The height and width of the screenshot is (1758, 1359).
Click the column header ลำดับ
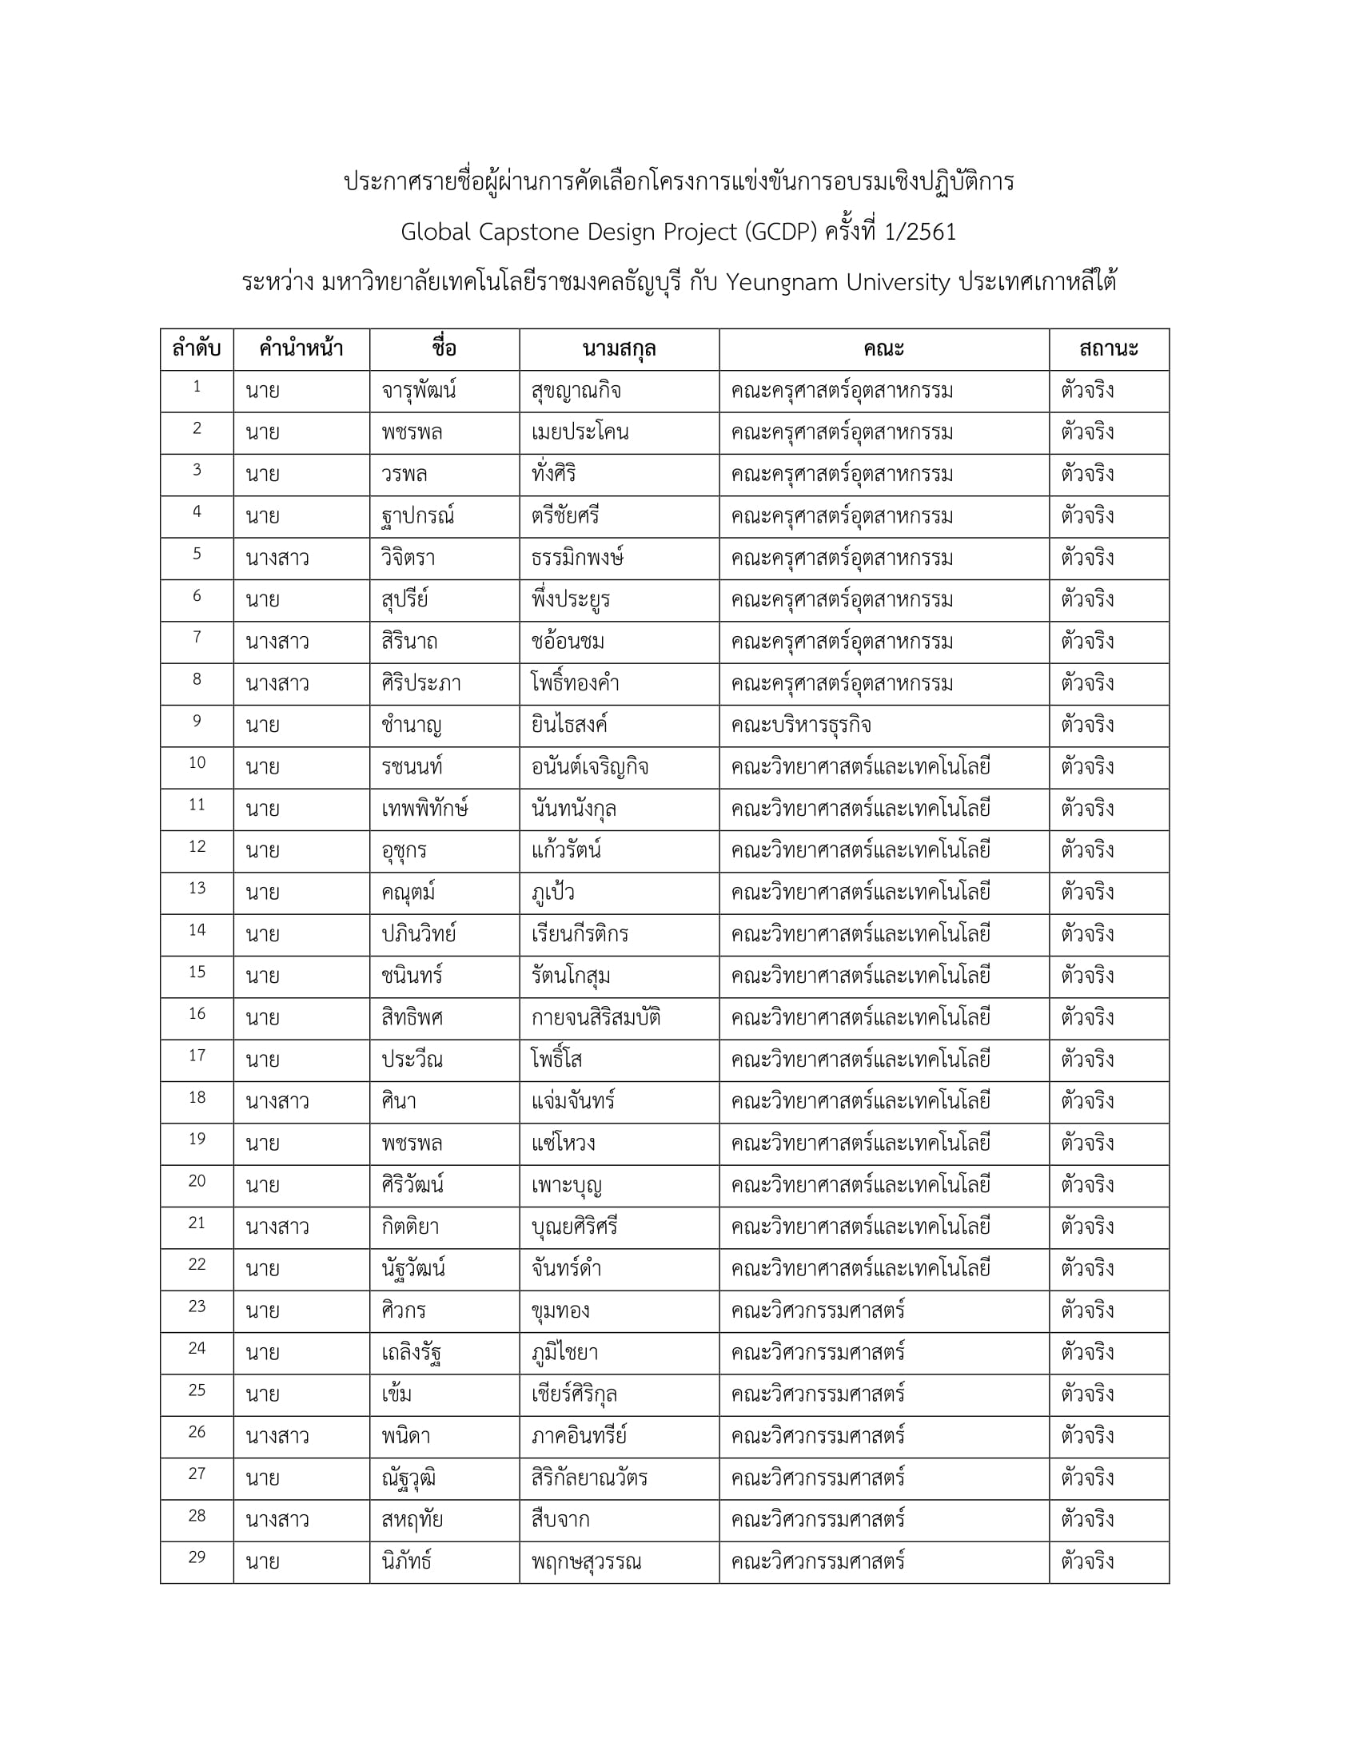pos(197,349)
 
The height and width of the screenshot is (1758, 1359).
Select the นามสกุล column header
pos(618,349)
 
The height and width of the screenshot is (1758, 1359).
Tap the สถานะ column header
pos(1108,349)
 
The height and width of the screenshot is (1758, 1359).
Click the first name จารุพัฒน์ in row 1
pos(419,392)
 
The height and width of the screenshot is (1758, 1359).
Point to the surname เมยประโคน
pos(580,433)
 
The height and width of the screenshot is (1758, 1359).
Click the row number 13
pos(197,889)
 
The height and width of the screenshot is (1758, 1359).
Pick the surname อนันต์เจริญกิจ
pos(589,767)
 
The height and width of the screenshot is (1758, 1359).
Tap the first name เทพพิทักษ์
pos(424,809)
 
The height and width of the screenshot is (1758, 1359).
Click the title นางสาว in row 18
pos(277,1101)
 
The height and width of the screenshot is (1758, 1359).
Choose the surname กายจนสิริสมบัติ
pos(595,1018)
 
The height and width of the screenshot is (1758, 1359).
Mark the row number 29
pos(197,1557)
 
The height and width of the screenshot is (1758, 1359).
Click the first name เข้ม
pos(397,1394)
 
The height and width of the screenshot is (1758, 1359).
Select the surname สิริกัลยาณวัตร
pos(588,1478)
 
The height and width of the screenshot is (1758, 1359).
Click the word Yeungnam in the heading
pos(781,283)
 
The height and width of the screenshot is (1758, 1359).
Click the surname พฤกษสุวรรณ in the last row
pos(585,1561)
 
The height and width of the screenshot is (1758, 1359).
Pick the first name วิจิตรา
pos(408,559)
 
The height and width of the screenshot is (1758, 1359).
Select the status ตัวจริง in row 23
pos(1087,1311)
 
